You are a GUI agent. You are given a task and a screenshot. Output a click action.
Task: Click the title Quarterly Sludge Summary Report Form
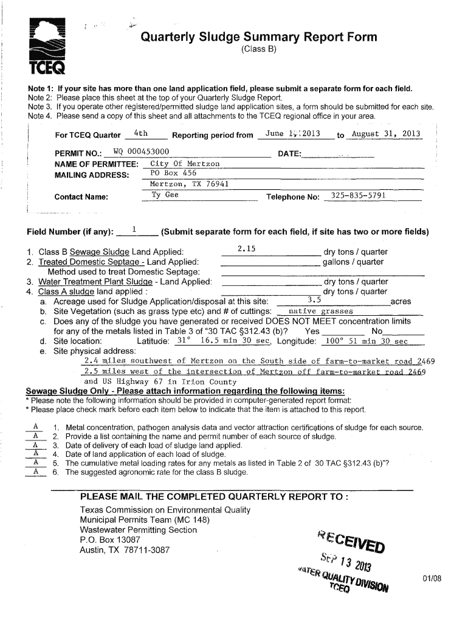[259, 38]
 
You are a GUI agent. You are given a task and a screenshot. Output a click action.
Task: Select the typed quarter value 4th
[140, 134]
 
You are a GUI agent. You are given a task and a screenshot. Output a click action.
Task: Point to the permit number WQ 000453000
[137, 152]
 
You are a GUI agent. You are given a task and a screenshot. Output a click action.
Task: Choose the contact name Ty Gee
[165, 195]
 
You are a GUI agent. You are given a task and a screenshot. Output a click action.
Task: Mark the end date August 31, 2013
[386, 134]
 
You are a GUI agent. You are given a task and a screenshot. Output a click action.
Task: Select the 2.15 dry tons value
[247, 248]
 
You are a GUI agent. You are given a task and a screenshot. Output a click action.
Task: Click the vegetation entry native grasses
[312, 311]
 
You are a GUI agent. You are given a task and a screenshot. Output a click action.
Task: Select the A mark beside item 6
[36, 471]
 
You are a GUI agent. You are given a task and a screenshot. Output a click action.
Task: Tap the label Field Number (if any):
[70, 232]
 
